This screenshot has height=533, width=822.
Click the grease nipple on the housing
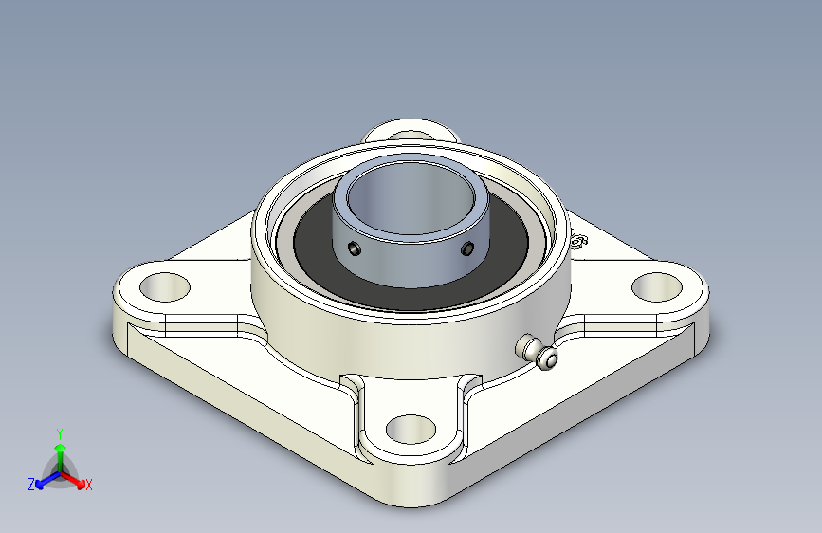[538, 352]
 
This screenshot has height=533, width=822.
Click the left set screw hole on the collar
[354, 248]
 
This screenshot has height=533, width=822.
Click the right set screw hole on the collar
[467, 248]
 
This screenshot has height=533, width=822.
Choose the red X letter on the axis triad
[89, 486]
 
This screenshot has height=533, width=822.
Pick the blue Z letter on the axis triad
[31, 485]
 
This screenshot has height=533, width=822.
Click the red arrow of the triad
[76, 479]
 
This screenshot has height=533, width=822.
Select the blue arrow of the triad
[44, 479]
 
